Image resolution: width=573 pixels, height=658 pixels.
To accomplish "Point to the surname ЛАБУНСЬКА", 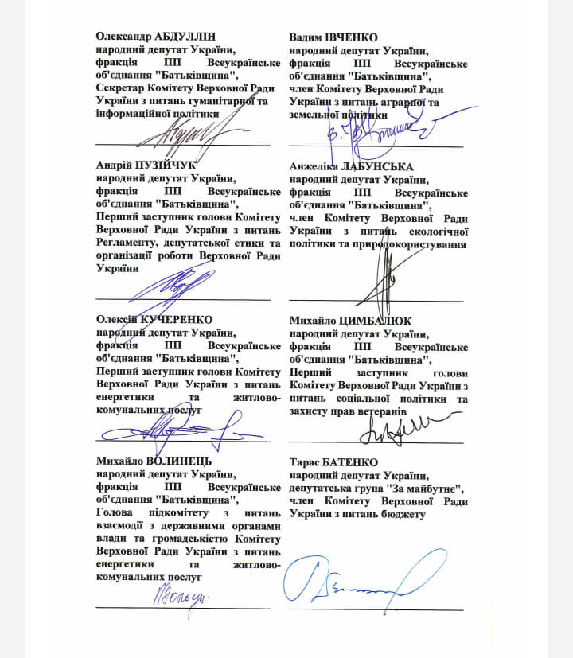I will (379, 167).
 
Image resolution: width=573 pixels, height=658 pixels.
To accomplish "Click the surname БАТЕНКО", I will (356, 461).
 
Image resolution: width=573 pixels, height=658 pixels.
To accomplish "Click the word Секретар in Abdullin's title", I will (121, 88).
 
